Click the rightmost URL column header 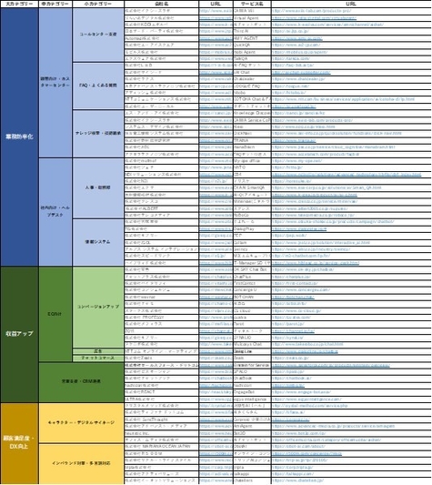click(x=362, y=5)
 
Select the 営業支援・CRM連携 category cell click(x=80, y=378)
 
